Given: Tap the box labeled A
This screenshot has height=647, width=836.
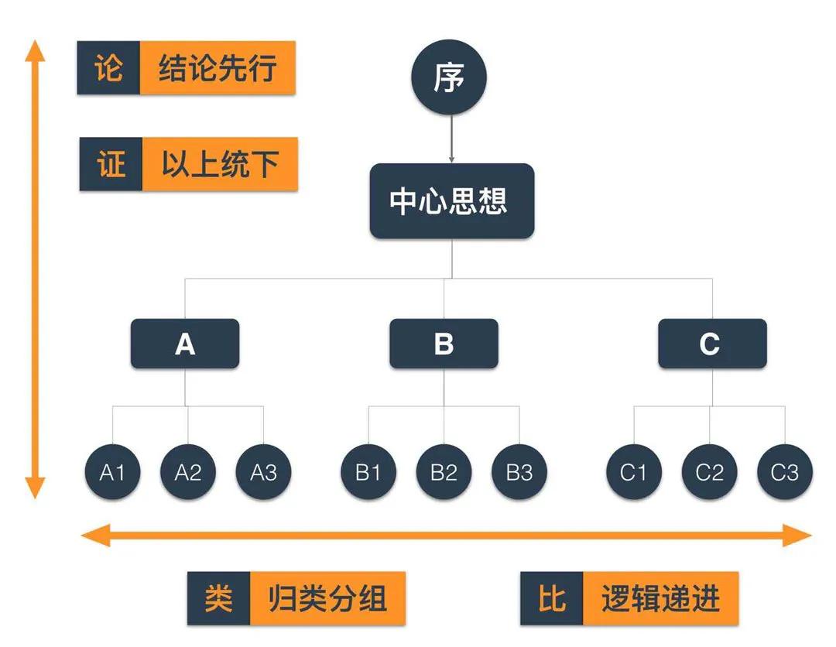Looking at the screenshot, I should [x=185, y=344].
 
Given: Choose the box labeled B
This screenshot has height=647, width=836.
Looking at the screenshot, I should [x=444, y=344].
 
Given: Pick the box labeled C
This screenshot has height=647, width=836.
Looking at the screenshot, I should [x=712, y=344].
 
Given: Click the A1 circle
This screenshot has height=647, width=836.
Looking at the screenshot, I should [x=112, y=472].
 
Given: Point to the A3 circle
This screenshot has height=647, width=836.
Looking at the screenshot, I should [x=264, y=472].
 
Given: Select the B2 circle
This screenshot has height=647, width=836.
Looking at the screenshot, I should [x=444, y=472].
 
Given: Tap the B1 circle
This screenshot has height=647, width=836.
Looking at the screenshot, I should [x=368, y=472].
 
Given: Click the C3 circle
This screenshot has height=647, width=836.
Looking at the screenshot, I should [x=785, y=472].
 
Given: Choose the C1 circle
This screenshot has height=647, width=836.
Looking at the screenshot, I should [x=633, y=472].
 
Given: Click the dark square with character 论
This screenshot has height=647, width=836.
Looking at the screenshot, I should [x=108, y=68].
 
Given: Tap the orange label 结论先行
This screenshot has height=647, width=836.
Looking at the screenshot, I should [x=218, y=68].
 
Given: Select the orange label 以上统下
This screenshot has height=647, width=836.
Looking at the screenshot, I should [x=220, y=164].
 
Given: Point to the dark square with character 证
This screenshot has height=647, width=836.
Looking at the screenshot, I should [x=111, y=164].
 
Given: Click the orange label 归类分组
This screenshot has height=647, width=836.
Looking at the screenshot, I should [x=327, y=598].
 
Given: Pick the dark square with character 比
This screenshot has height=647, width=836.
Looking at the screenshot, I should [x=551, y=598].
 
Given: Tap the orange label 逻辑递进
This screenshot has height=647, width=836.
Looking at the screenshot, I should [x=660, y=598].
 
